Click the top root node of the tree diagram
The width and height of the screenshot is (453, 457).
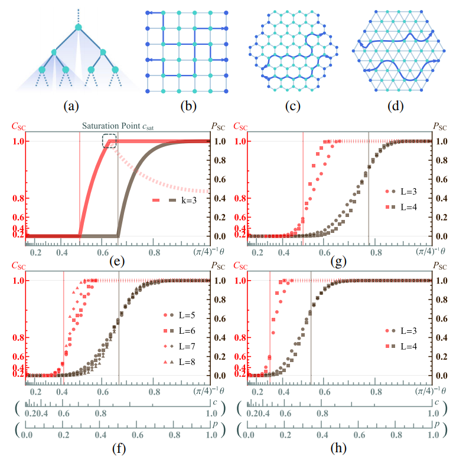click(x=78, y=27)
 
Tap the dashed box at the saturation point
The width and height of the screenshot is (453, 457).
click(x=109, y=140)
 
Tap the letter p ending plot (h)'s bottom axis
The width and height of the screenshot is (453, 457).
click(x=437, y=424)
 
